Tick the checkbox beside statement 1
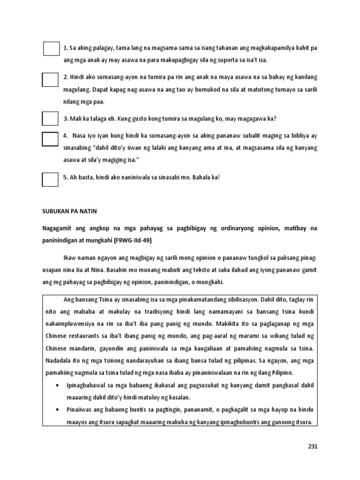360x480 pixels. click(51, 49)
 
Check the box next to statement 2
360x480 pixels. click(50, 79)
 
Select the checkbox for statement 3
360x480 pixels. click(50, 118)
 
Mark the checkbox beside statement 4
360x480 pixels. click(50, 139)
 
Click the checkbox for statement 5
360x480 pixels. click(50, 180)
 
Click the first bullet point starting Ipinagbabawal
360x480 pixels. click(57, 385)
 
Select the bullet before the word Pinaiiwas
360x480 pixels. click(57, 410)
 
